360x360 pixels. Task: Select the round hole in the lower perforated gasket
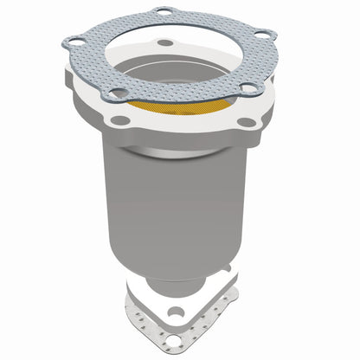pyautogui.click(x=177, y=334)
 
